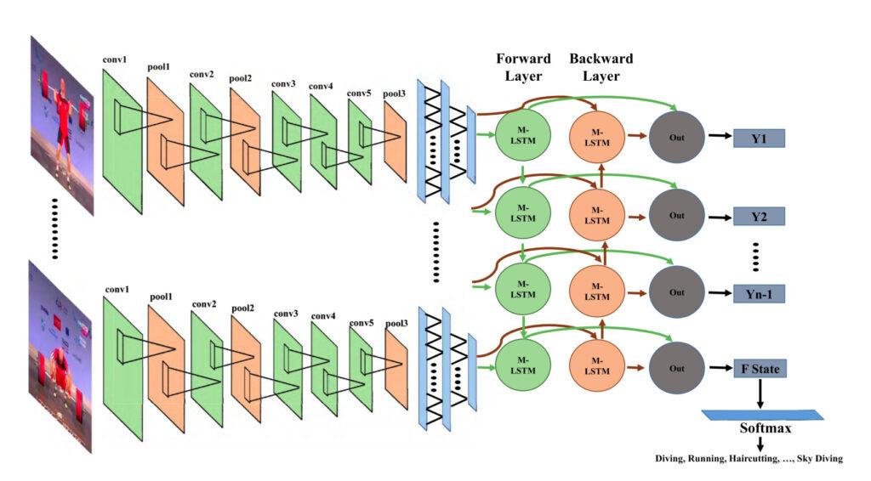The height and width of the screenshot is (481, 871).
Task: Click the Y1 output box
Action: click(758, 138)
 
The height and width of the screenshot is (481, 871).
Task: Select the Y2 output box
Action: click(758, 216)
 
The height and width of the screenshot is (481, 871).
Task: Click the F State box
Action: click(758, 369)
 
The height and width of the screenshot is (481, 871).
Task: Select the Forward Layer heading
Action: click(523, 67)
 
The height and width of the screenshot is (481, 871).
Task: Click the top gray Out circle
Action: click(676, 137)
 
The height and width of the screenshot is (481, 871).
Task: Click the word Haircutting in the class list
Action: click(751, 459)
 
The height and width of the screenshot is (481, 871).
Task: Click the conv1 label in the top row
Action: click(114, 61)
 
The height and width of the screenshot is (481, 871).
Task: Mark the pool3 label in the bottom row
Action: click(396, 324)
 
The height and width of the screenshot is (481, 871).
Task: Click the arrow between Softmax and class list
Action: click(760, 444)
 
